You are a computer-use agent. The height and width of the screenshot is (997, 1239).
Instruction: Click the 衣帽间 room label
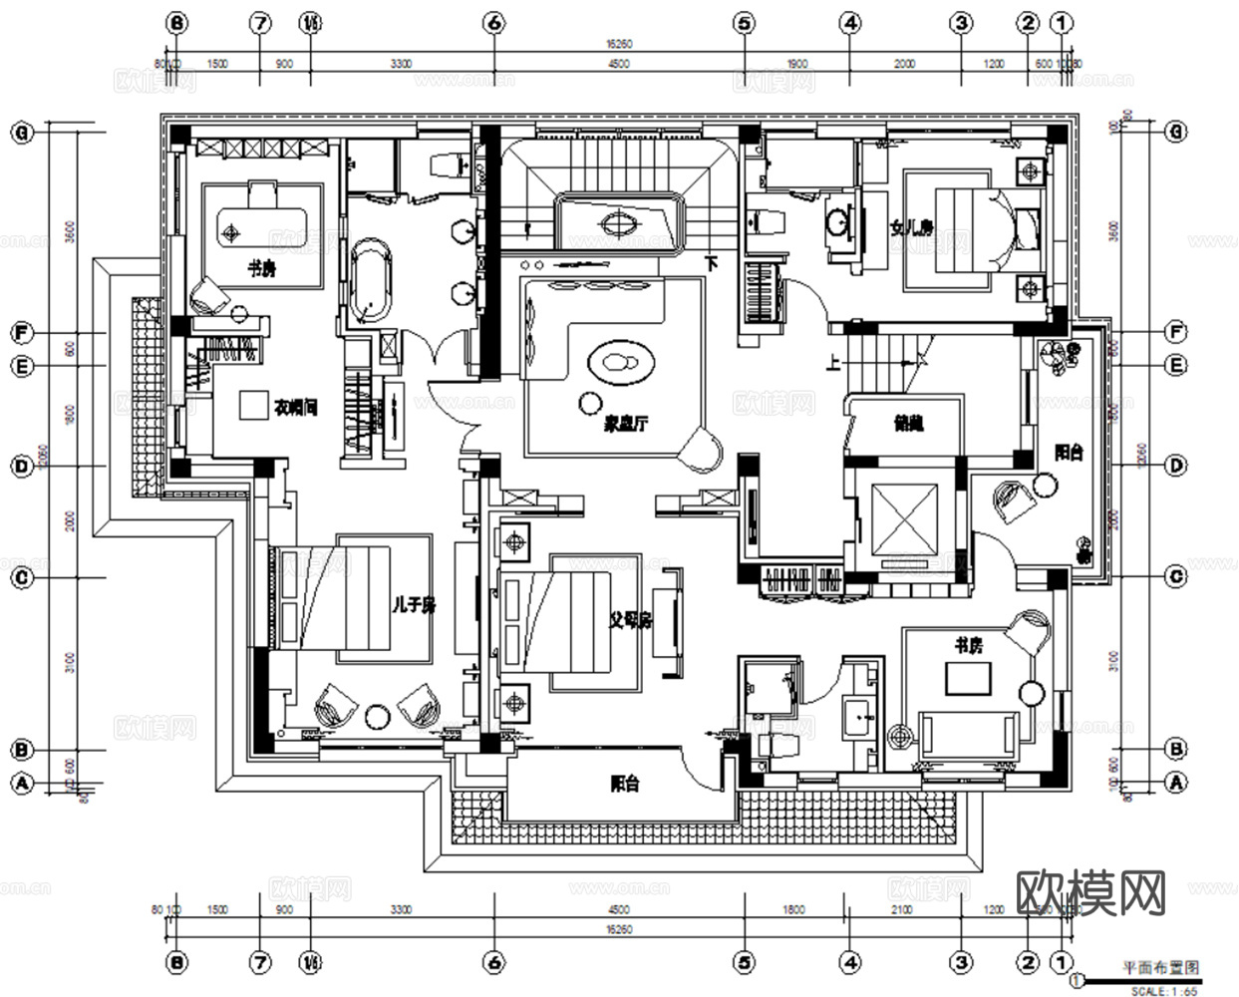(x=295, y=408)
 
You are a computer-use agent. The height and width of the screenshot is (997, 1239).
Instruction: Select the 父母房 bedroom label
(x=630, y=620)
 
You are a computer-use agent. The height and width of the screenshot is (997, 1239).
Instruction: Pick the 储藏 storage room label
(x=908, y=423)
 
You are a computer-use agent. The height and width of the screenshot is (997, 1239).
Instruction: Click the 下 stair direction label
(x=712, y=264)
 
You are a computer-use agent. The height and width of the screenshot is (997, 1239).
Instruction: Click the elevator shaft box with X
(x=904, y=518)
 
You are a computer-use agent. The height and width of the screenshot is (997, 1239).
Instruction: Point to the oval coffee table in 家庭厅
(x=620, y=361)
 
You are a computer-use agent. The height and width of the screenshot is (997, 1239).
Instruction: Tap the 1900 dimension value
(x=796, y=64)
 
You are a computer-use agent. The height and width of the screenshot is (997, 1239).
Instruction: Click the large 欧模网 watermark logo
(x=1090, y=892)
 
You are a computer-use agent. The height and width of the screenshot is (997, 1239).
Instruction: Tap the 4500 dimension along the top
(x=618, y=64)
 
